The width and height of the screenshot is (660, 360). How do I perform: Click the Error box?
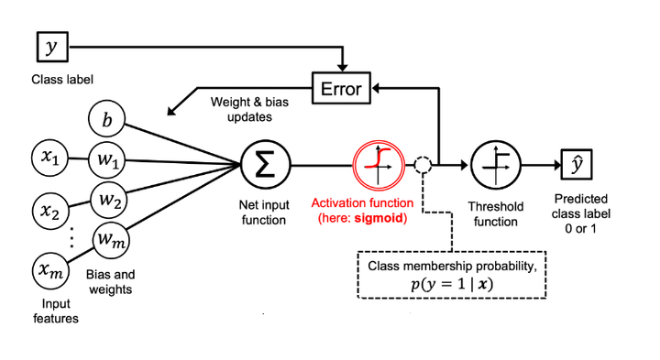(x=342, y=89)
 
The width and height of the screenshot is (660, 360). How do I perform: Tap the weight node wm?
(x=108, y=240)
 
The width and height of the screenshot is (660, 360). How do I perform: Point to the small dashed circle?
(x=422, y=166)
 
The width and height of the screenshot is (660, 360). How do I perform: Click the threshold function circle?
(x=495, y=165)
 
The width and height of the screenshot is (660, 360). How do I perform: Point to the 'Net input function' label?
(x=264, y=213)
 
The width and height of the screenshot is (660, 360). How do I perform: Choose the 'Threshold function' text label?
(x=495, y=213)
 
